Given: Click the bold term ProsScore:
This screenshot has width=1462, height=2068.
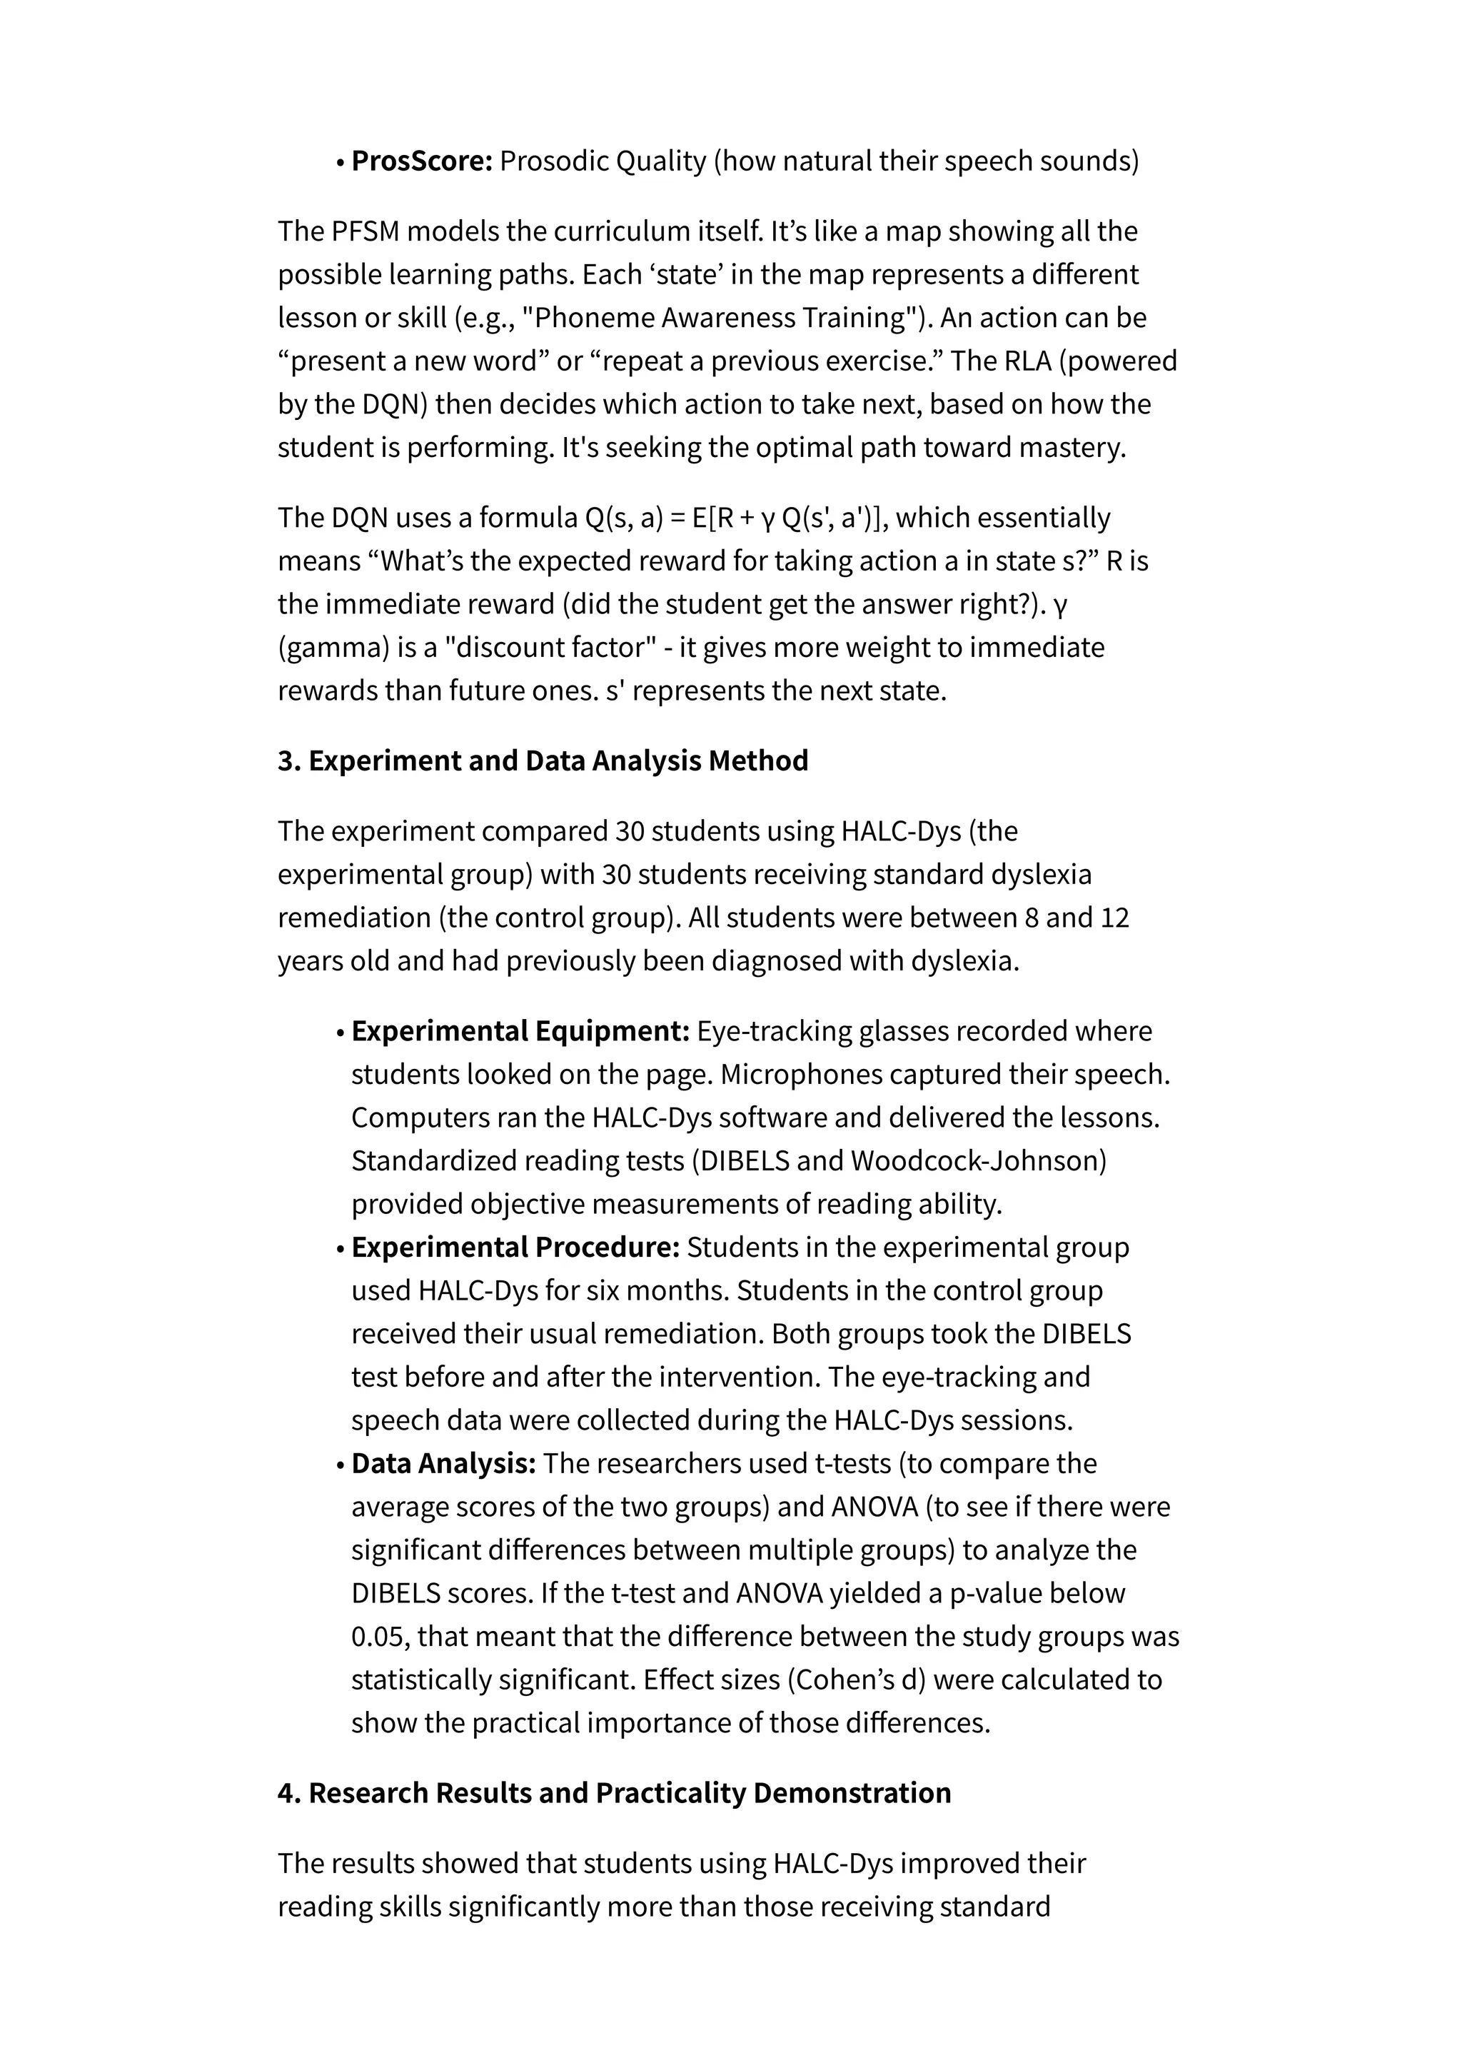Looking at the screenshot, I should click(x=421, y=161).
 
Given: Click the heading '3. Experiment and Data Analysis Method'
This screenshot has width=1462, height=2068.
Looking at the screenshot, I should click(x=542, y=761).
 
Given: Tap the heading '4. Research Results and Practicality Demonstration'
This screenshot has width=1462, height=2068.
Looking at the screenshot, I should click(x=614, y=1793).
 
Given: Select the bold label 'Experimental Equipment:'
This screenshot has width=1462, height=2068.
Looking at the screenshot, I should click(x=520, y=1031).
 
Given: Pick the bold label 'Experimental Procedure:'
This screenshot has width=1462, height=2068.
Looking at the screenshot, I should click(x=515, y=1248).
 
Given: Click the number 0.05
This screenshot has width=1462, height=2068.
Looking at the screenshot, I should click(x=379, y=1637).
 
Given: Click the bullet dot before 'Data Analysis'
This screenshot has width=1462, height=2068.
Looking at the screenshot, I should click(x=341, y=1465).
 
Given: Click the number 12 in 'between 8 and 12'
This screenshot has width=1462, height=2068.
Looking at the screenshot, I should click(x=1113, y=918).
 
